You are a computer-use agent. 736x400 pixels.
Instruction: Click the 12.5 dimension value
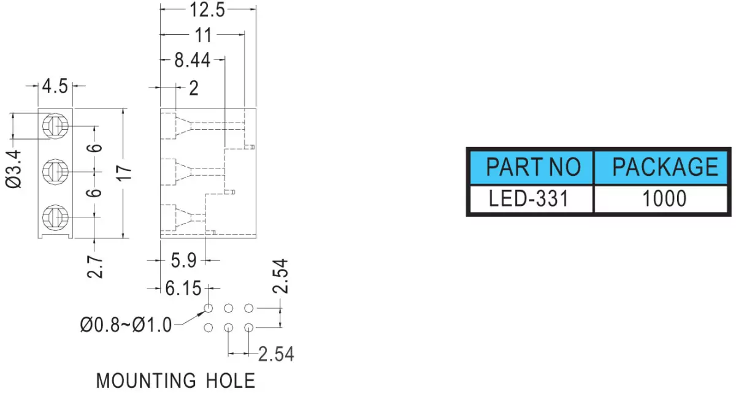[x=207, y=10]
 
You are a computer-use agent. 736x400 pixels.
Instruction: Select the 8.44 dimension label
[x=192, y=61]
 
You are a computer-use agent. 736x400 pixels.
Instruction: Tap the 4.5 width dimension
[x=55, y=86]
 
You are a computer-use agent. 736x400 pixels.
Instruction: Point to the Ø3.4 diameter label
[x=13, y=169]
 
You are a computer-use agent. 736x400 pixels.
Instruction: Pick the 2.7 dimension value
[x=94, y=268]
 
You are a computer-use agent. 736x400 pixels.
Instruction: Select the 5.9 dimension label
[x=183, y=261]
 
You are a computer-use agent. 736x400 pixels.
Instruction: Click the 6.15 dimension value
[x=183, y=289]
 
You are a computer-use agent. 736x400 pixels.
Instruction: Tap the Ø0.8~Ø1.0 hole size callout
[x=126, y=325]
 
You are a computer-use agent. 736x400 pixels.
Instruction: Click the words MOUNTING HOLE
[x=176, y=380]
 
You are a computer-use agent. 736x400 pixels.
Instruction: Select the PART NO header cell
[x=532, y=167]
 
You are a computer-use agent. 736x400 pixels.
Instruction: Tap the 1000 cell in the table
[x=663, y=199]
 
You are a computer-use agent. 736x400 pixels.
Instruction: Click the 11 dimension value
[x=203, y=35]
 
